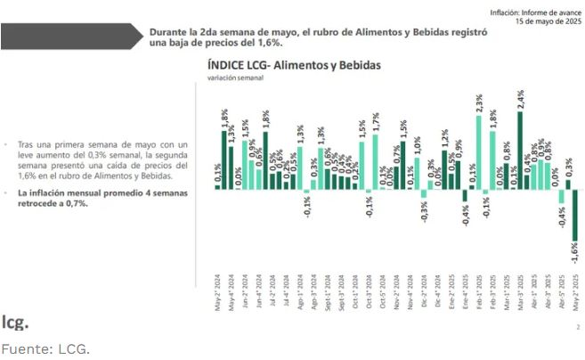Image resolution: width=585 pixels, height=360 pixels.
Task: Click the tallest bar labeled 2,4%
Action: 520,150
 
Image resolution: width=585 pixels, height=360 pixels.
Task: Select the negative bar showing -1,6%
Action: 575,215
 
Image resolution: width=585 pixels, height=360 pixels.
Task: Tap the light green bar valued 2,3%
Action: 479,152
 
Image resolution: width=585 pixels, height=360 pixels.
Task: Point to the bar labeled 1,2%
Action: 444,168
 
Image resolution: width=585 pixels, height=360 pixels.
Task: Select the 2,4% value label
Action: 520,98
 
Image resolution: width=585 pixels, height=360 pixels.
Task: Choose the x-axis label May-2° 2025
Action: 575,290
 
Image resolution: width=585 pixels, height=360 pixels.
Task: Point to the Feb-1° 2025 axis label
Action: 479,290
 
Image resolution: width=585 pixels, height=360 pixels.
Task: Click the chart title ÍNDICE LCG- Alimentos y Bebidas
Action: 294,65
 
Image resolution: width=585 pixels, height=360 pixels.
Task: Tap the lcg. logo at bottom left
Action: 14,321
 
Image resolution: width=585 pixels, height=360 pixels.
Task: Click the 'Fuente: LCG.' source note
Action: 45,347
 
